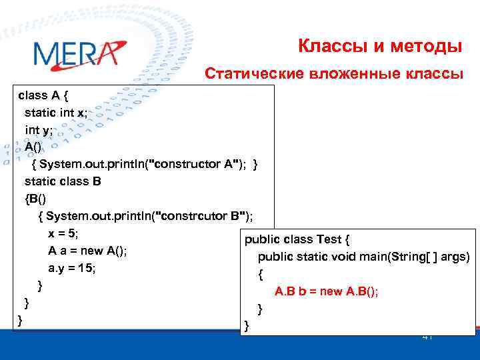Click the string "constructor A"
(198, 164)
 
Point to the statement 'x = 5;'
(63, 233)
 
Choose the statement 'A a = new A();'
(87, 251)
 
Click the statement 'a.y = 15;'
(72, 268)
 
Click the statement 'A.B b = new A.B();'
(326, 291)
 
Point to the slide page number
(427, 337)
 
